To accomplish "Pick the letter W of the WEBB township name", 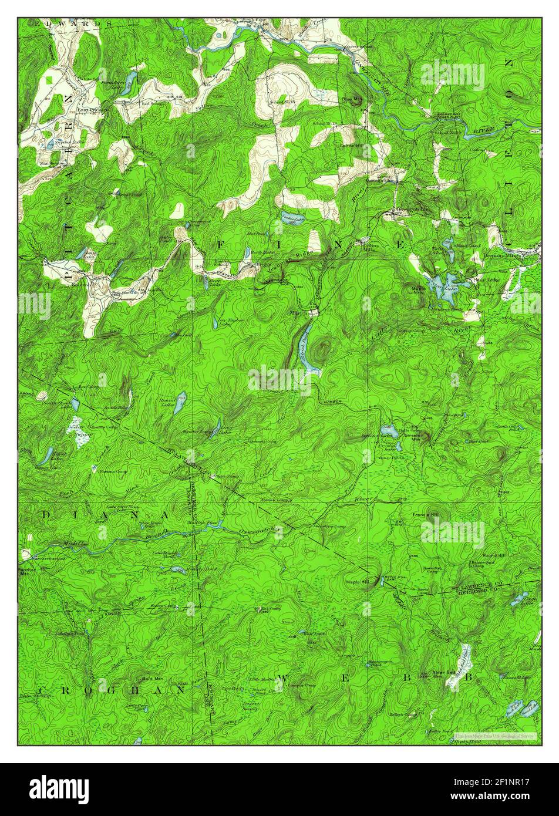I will [281, 679].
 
